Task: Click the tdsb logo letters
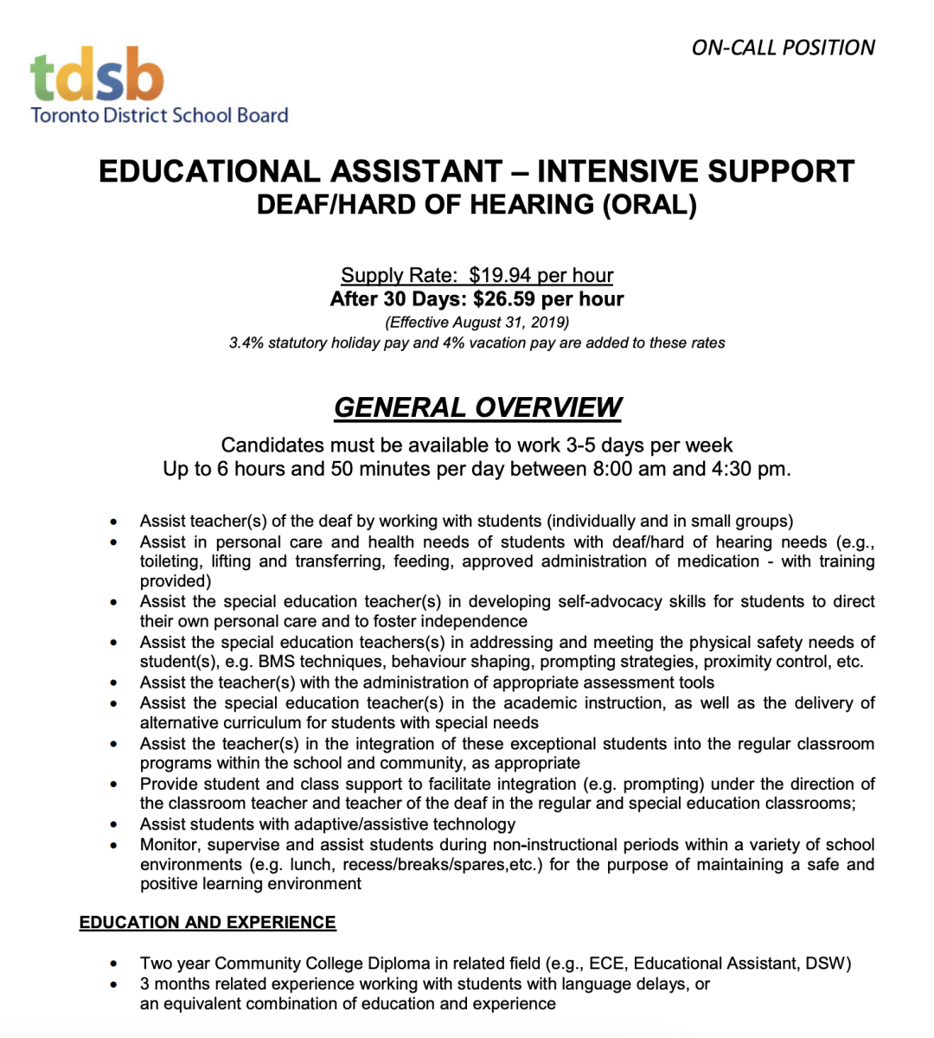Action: click(x=97, y=76)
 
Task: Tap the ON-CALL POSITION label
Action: click(x=783, y=48)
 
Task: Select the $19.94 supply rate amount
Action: click(x=500, y=275)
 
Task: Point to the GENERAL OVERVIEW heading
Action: click(x=477, y=407)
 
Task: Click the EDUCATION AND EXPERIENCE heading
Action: click(x=208, y=922)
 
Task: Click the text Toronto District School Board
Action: click(x=159, y=115)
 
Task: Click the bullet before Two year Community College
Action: click(x=113, y=964)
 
